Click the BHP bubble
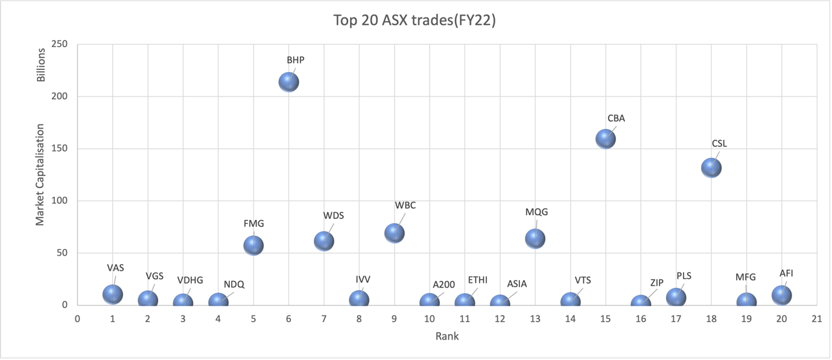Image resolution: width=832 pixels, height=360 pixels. tap(289, 82)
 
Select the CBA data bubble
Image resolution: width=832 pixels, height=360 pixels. tap(605, 139)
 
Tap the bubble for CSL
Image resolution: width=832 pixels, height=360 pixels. tap(711, 168)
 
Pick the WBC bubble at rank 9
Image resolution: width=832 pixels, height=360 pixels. tap(394, 233)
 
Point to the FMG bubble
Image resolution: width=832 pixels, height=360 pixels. tap(253, 245)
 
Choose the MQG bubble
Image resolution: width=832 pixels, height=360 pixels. tap(535, 239)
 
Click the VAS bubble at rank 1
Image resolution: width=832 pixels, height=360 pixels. tap(113, 294)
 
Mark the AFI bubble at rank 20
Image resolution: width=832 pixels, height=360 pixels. tap(781, 295)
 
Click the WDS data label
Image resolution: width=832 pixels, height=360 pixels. tap(334, 216)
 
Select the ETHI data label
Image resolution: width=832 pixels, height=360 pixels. tap(477, 280)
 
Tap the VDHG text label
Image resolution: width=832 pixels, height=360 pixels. tap(190, 280)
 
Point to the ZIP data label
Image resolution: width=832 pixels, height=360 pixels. tap(656, 283)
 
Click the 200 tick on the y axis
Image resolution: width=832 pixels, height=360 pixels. tap(59, 96)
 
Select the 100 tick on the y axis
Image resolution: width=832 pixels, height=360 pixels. tap(59, 201)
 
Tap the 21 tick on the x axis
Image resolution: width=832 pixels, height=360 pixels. tap(817, 318)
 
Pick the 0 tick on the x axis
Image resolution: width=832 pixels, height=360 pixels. tap(77, 318)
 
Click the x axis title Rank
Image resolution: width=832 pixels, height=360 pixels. tap(447, 336)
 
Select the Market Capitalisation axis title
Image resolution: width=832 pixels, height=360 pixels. tap(40, 175)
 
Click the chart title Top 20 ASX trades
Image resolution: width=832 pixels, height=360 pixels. tap(415, 21)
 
